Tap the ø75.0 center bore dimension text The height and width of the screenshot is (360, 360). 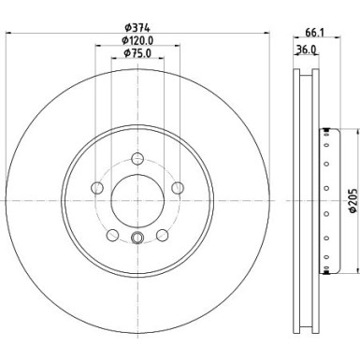coord(137,56)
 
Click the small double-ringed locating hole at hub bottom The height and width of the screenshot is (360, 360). coord(137,238)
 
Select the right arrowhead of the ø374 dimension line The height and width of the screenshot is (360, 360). coord(266,36)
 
